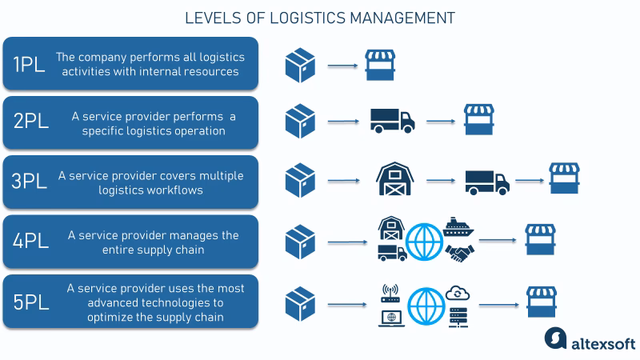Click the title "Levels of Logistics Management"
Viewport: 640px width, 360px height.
[x=320, y=17]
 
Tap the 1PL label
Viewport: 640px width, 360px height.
[x=30, y=64]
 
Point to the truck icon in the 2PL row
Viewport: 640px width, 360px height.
[x=393, y=121]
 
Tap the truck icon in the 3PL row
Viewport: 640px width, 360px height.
[x=486, y=181]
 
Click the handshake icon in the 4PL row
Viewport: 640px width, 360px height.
[x=459, y=253]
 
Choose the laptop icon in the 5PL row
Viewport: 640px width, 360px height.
[x=391, y=316]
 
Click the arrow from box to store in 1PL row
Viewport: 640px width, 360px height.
[x=342, y=64]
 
